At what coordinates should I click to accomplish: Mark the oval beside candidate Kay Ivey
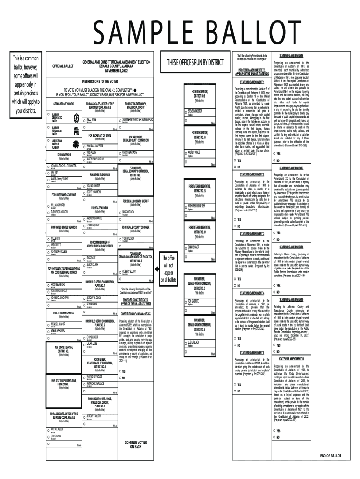click(x=49, y=173)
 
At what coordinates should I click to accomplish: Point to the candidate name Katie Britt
click(x=56, y=244)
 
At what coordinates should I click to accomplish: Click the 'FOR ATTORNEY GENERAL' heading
click(x=64, y=312)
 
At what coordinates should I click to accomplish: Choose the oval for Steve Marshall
click(x=49, y=331)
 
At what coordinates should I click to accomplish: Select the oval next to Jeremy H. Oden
click(x=83, y=298)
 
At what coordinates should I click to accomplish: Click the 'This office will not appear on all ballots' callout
click(x=169, y=269)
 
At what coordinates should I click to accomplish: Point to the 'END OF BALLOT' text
click(x=331, y=455)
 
